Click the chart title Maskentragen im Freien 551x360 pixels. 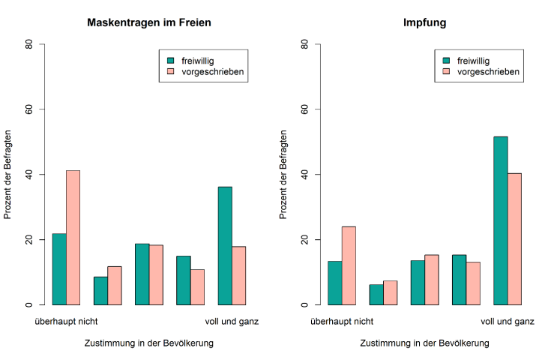pyautogui.click(x=149, y=22)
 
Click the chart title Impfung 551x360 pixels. pyautogui.click(x=424, y=22)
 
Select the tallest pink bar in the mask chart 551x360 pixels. pyautogui.click(x=73, y=238)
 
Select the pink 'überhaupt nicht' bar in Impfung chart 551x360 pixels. pyautogui.click(x=349, y=265)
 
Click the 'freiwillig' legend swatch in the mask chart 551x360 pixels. pyautogui.click(x=170, y=60)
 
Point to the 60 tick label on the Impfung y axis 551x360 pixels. pyautogui.click(x=305, y=109)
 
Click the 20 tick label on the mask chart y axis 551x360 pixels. pyautogui.click(x=29, y=240)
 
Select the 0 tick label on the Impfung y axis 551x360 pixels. pyautogui.click(x=305, y=305)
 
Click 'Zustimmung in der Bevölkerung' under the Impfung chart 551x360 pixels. pyautogui.click(x=424, y=343)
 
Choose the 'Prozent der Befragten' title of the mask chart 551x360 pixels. pyautogui.click(x=8, y=175)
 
